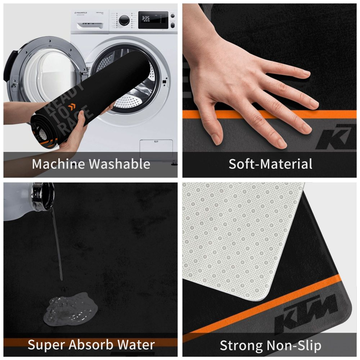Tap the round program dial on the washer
[x=124, y=20]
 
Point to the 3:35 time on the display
[x=145, y=18]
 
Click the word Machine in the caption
[x=58, y=164]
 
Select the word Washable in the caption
[x=120, y=164]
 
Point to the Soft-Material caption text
[x=270, y=164]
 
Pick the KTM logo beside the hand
[x=337, y=139]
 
